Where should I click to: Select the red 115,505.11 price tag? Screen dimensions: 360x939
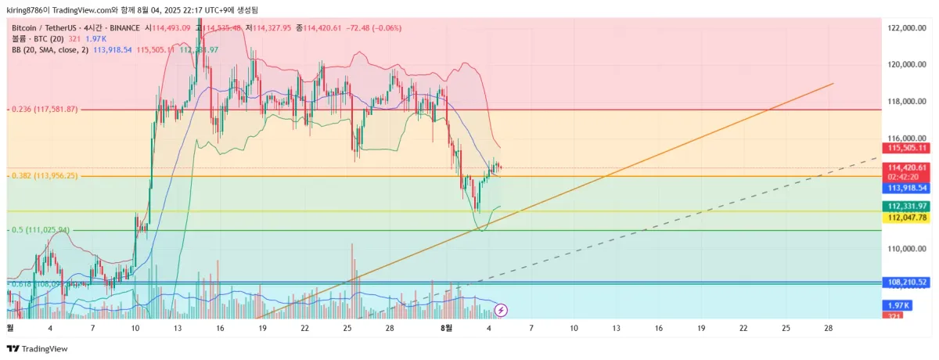[x=907, y=148]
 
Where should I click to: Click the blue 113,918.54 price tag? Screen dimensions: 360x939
[x=907, y=188]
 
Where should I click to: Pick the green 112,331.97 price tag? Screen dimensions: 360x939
[x=907, y=207]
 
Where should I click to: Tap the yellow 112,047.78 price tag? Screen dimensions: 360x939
[x=907, y=218]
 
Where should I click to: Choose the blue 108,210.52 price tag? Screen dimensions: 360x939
[x=907, y=282]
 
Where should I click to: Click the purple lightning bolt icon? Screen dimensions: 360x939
[x=502, y=310]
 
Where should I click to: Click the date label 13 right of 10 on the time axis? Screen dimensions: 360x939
[x=178, y=329]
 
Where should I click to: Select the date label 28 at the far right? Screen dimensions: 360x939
[x=829, y=329]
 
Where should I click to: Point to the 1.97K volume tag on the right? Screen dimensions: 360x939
[x=897, y=305]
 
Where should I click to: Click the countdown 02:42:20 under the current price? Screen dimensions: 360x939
[x=907, y=177]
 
